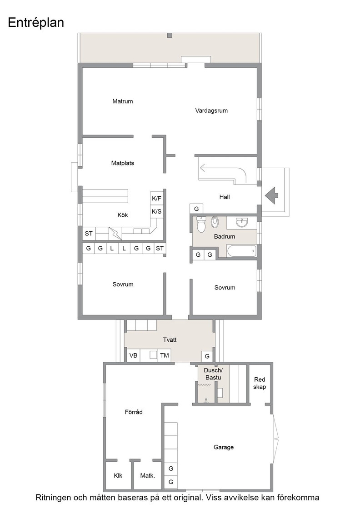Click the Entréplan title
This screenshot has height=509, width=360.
pyautogui.click(x=36, y=23)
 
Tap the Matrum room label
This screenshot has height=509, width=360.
pyautogui.click(x=122, y=101)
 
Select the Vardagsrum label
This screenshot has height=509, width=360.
pyautogui.click(x=211, y=111)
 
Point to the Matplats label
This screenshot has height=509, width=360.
pyautogui.click(x=122, y=163)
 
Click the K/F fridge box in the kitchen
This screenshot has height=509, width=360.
pyautogui.click(x=156, y=198)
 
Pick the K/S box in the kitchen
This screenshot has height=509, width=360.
pyautogui.click(x=156, y=211)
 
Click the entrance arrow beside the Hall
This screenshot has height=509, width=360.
pyautogui.click(x=272, y=195)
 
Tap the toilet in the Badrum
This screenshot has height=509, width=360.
pyautogui.click(x=201, y=225)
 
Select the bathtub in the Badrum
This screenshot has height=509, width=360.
pyautogui.click(x=241, y=251)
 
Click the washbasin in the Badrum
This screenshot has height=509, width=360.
pyautogui.click(x=242, y=223)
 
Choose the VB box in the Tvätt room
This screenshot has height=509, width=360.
pyautogui.click(x=134, y=355)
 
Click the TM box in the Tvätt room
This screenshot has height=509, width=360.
pyautogui.click(x=164, y=355)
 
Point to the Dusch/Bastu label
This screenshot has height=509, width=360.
pyautogui.click(x=213, y=374)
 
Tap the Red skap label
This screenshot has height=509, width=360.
pyautogui.click(x=260, y=383)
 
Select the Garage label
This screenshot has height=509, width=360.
pyautogui.click(x=223, y=447)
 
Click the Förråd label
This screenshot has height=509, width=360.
pyautogui.click(x=134, y=412)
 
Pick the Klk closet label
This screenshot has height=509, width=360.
pyautogui.click(x=118, y=475)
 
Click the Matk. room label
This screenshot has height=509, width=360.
pyautogui.click(x=147, y=475)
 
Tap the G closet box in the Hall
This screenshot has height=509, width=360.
pyautogui.click(x=196, y=209)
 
